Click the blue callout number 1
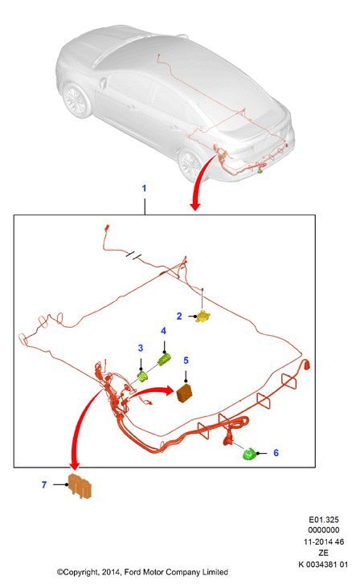click(x=144, y=188)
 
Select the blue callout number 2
click(x=179, y=316)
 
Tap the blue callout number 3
click(x=141, y=348)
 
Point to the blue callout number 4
click(x=163, y=331)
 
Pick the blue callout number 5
click(x=186, y=361)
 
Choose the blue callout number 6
click(x=276, y=453)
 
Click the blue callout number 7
click(x=44, y=485)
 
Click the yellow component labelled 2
click(x=203, y=316)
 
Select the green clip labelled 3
click(x=142, y=376)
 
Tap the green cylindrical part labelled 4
click(x=164, y=360)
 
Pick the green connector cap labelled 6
click(x=250, y=454)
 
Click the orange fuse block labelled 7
click(x=80, y=485)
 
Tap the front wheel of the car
click(x=76, y=100)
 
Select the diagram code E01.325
click(x=324, y=520)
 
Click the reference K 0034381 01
click(x=323, y=565)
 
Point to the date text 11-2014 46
click(x=324, y=542)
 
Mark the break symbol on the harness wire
click(x=134, y=255)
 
